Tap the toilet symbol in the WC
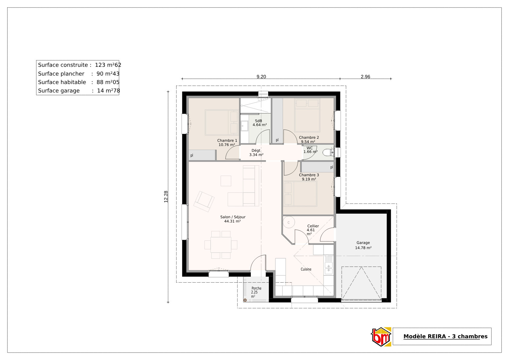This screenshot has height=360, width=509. point(327,153)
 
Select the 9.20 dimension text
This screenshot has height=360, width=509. point(261,76)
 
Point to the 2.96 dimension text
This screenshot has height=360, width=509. point(365,76)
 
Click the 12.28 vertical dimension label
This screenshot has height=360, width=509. point(166,196)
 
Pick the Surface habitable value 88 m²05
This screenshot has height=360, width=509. point(108,82)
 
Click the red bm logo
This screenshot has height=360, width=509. point(381,337)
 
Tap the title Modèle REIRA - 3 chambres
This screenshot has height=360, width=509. point(445,336)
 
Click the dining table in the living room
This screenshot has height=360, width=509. point(221,245)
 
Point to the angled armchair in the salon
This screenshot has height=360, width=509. point(204,201)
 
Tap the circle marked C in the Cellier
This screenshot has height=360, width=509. point(289,222)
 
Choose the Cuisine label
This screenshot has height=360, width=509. point(306,269)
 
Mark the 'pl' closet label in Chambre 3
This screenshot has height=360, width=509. point(332,167)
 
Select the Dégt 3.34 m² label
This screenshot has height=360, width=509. point(256,153)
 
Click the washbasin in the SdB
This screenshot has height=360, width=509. point(244,126)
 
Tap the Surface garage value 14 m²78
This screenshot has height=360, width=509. point(109,91)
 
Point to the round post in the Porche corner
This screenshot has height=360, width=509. point(245,300)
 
